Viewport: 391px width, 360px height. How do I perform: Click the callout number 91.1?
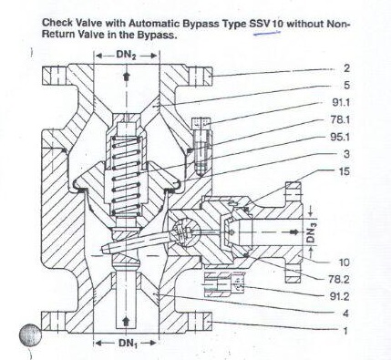click(341, 103)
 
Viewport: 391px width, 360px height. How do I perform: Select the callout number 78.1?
click(340, 120)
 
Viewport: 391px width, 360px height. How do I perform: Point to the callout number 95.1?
click(340, 138)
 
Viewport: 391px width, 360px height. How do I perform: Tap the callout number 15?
click(345, 171)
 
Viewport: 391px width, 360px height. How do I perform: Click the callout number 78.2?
click(339, 279)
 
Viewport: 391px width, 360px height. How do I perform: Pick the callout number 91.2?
click(340, 296)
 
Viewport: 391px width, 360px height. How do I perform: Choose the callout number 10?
click(345, 262)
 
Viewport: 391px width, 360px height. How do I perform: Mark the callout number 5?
click(347, 86)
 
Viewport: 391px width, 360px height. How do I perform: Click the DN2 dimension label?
click(126, 56)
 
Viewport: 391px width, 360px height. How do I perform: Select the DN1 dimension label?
click(127, 344)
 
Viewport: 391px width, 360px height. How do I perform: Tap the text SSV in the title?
click(260, 24)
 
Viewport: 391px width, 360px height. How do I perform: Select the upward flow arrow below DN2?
click(126, 77)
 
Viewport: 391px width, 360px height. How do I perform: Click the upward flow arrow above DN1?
click(126, 321)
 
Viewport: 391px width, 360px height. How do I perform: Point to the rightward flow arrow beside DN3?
click(293, 232)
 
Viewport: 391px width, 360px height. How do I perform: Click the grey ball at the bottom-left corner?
click(30, 334)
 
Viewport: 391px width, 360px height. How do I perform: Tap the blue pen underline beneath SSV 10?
click(267, 33)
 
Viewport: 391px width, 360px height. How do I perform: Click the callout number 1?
click(345, 331)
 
